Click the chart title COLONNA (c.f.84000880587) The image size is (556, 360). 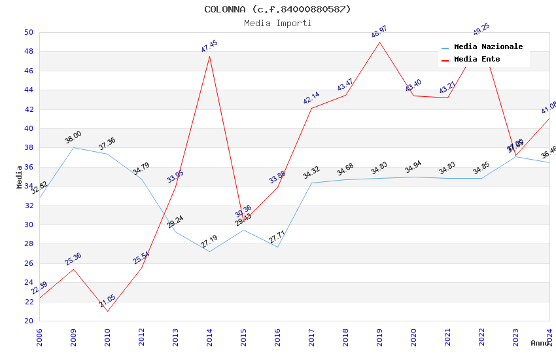[x=277, y=9]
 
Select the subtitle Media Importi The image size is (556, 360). [x=277, y=23]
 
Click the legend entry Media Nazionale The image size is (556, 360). [x=488, y=47]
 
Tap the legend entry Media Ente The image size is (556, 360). [x=477, y=60]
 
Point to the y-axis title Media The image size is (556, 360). [x=20, y=177]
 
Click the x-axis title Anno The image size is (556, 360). [x=540, y=343]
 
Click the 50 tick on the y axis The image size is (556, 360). [x=29, y=32]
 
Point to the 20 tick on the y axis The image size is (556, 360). [x=29, y=321]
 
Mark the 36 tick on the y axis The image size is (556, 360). [x=29, y=167]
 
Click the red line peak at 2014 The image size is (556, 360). [x=209, y=56]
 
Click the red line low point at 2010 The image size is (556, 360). [x=107, y=310]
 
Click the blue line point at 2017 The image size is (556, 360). [x=311, y=183]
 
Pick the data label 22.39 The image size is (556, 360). [x=39, y=289]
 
